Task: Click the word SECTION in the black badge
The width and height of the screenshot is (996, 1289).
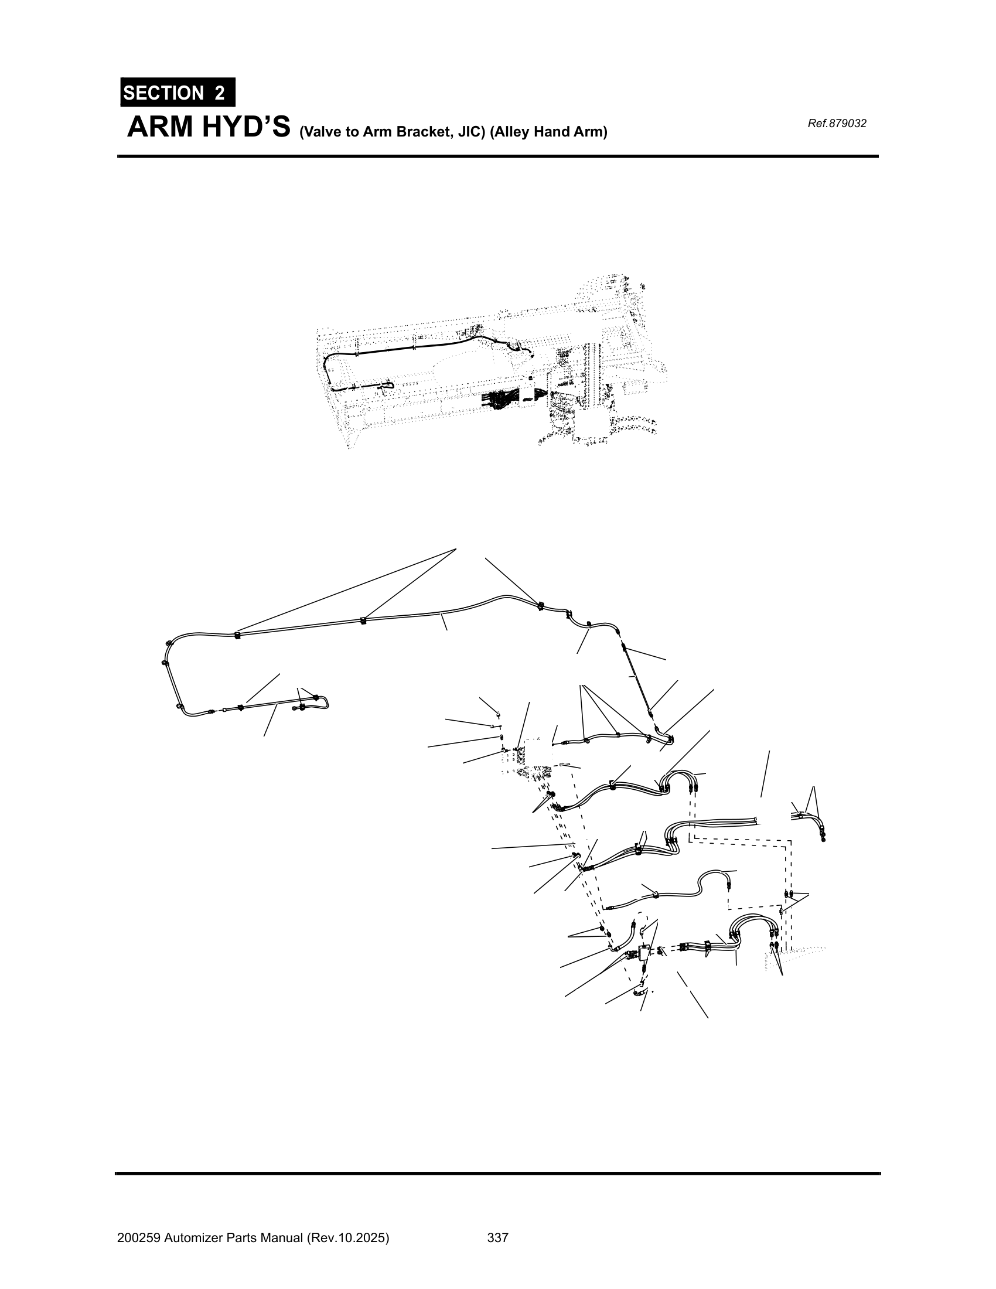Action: click(x=163, y=93)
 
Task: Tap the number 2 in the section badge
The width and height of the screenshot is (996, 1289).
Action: click(x=220, y=93)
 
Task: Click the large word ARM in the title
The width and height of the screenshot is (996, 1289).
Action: click(x=161, y=127)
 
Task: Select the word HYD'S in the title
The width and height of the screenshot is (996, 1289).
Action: click(x=247, y=127)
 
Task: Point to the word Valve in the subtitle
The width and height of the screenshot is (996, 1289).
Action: click(x=318, y=132)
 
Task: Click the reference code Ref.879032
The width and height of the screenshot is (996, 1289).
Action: click(x=837, y=124)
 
